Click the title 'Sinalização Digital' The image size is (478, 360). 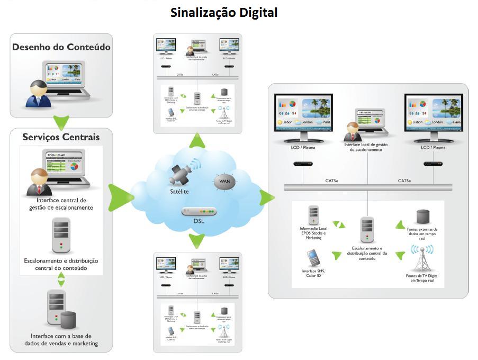223,12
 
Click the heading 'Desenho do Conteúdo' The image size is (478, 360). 61,47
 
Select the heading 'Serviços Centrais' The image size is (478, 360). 61,137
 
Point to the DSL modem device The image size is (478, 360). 200,211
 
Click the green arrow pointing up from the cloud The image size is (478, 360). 197,140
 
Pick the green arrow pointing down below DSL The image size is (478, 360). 197,240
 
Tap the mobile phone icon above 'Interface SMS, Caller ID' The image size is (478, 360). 314,258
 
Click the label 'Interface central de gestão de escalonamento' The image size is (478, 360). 61,204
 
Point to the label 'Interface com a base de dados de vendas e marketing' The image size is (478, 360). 61,339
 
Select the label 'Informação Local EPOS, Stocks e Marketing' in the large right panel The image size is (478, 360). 313,233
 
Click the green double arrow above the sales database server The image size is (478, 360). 61,281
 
